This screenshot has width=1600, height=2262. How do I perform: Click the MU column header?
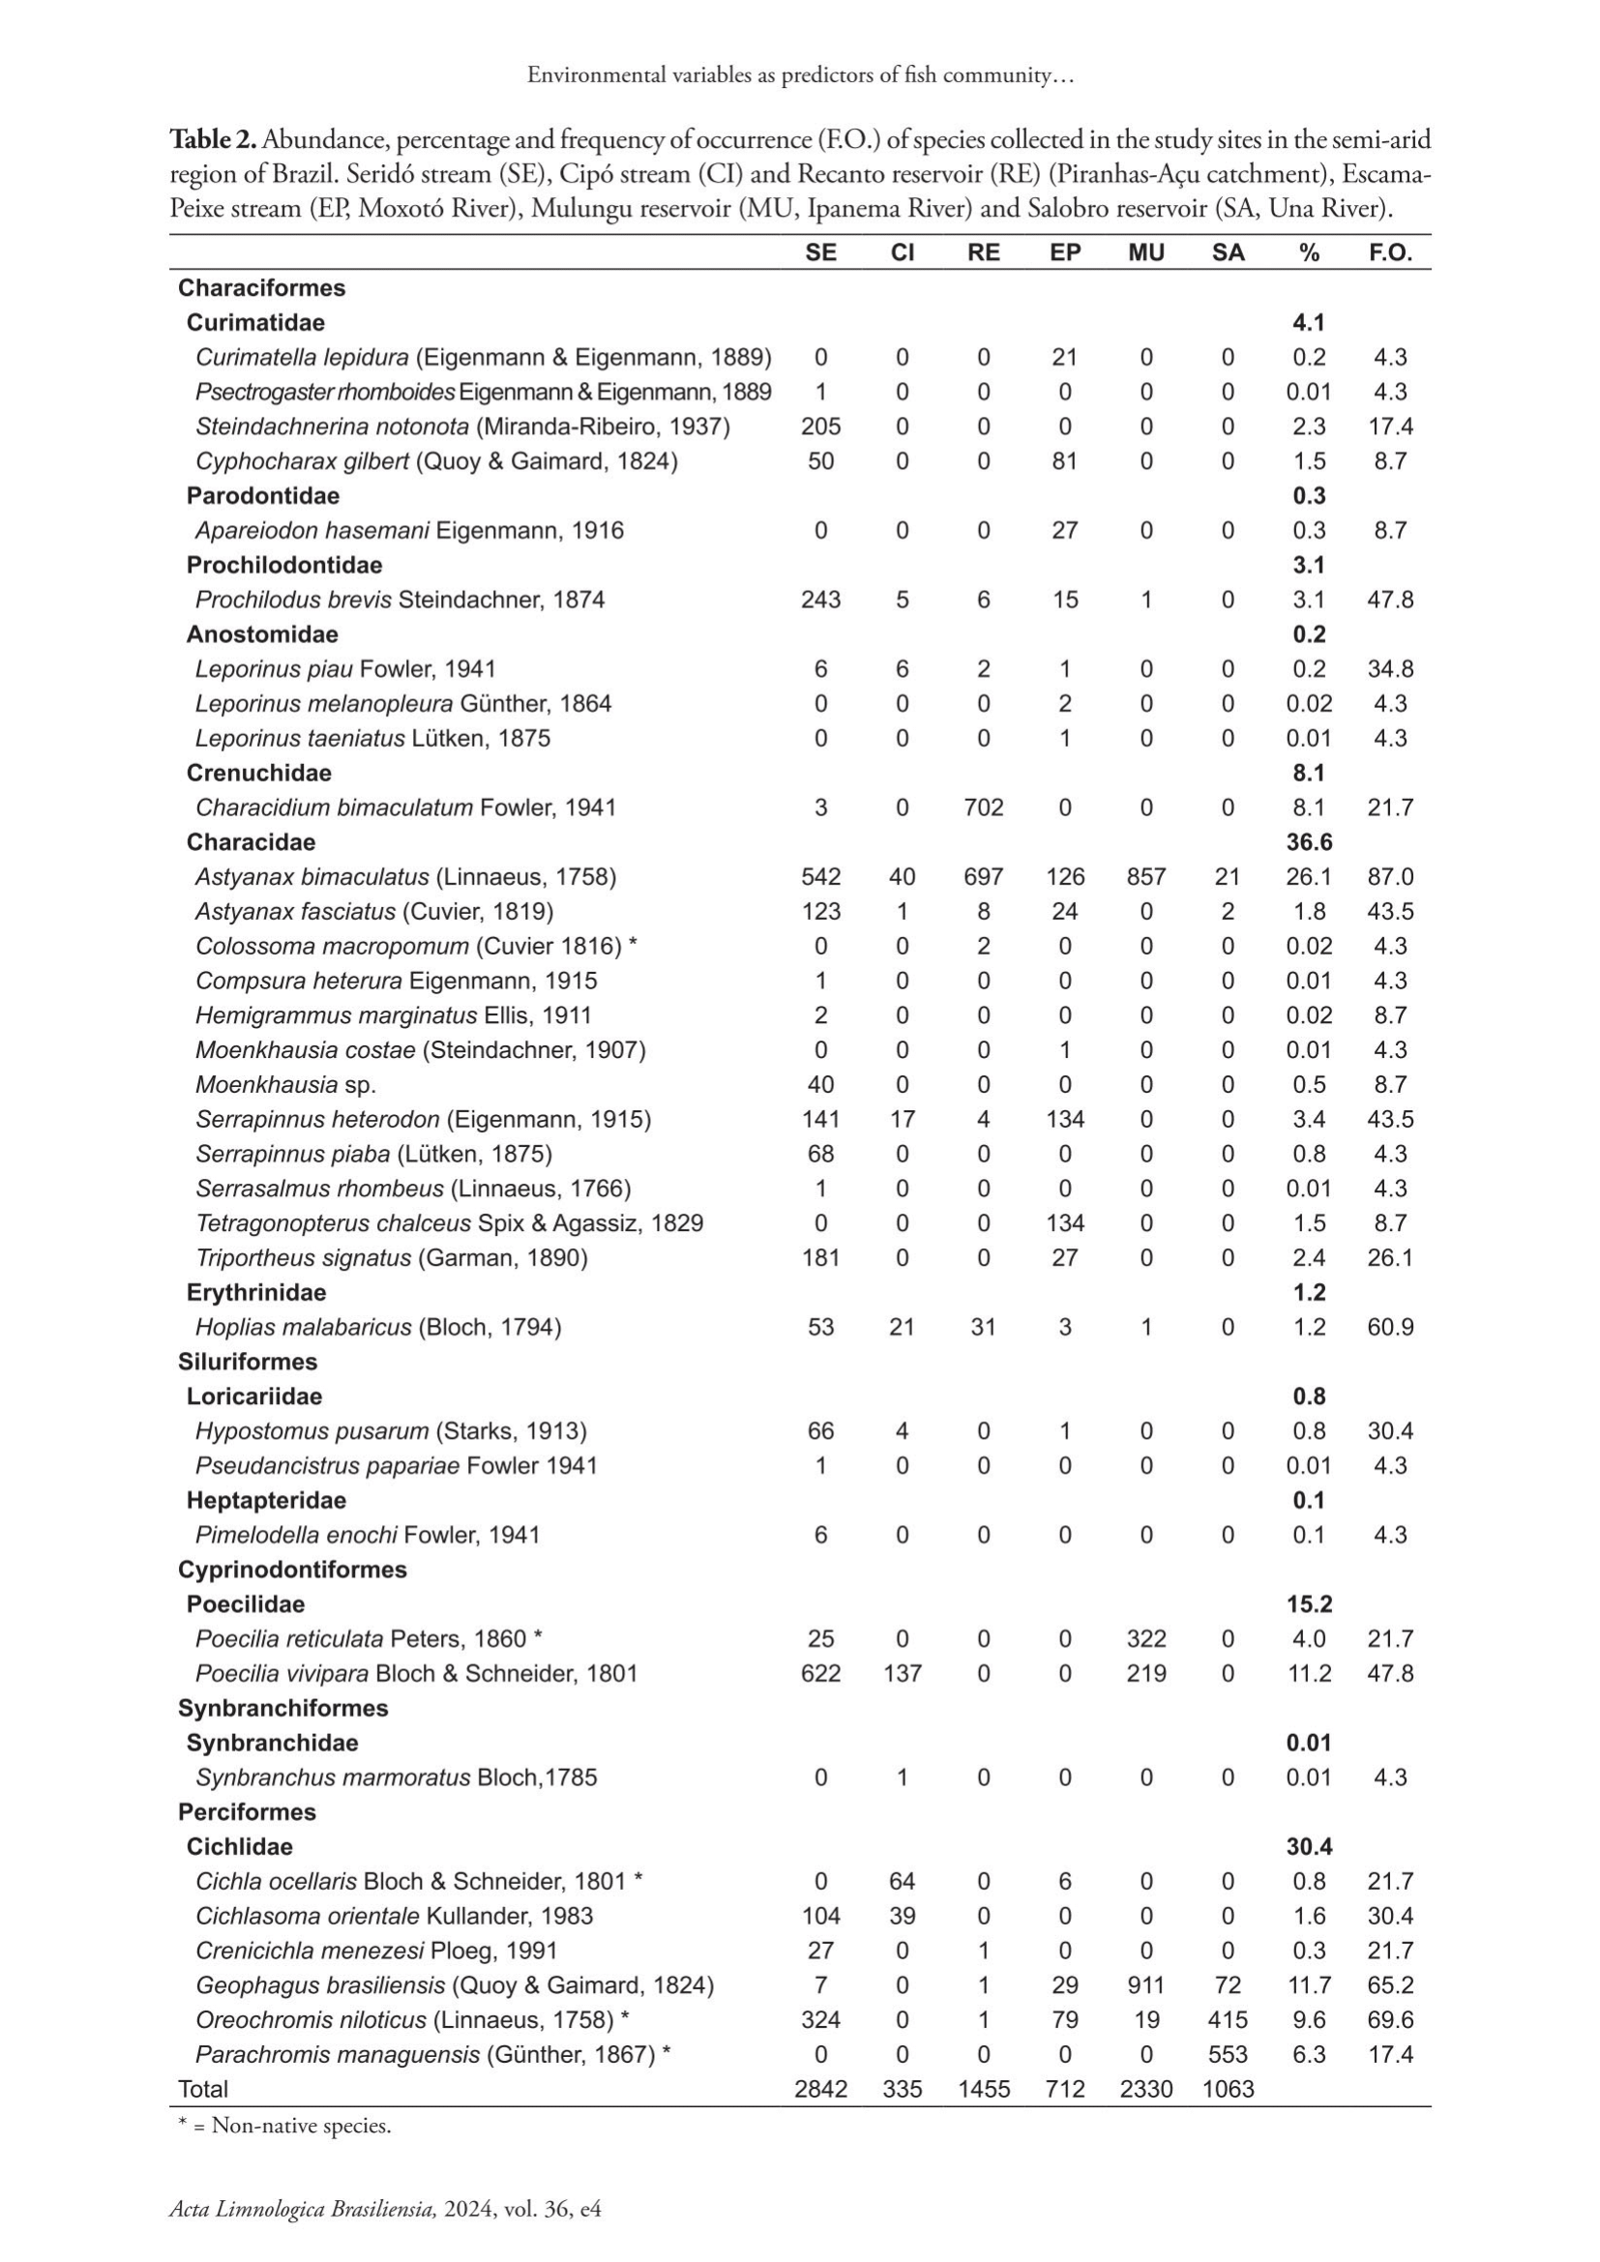[x=1145, y=252]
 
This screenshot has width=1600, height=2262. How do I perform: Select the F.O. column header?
[x=1389, y=252]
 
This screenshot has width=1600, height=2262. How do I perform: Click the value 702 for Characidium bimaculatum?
[x=983, y=808]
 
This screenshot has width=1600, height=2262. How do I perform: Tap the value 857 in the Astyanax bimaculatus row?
[x=1145, y=877]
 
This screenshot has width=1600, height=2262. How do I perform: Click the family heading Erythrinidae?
[x=256, y=1293]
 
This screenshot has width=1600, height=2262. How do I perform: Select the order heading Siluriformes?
[x=248, y=1362]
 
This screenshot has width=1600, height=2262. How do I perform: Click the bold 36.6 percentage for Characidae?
[x=1309, y=842]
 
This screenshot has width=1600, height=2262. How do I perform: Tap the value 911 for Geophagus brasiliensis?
[x=1145, y=1984]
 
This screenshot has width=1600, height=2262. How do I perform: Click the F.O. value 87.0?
[x=1389, y=877]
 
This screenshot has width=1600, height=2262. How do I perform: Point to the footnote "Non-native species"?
[x=301, y=2125]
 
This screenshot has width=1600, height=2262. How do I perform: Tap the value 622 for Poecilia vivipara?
[x=820, y=1673]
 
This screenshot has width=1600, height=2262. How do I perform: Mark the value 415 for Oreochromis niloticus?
[x=1228, y=2018]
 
